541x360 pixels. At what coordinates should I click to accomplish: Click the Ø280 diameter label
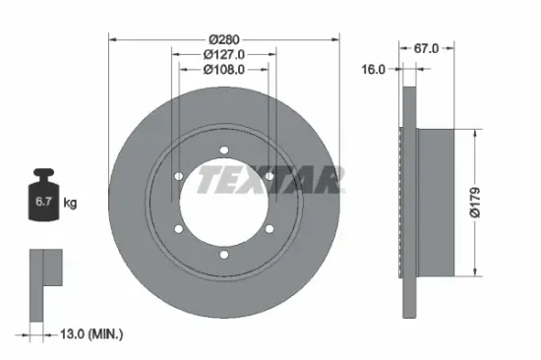[x=224, y=39]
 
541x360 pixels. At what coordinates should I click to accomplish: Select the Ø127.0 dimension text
[x=224, y=54]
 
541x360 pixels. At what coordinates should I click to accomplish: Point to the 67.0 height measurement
[x=426, y=47]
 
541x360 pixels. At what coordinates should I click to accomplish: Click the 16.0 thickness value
[x=374, y=70]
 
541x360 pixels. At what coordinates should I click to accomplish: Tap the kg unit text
[x=71, y=203]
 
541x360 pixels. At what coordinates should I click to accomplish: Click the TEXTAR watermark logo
[x=270, y=179]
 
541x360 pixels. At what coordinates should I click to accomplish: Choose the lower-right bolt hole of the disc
[x=270, y=229]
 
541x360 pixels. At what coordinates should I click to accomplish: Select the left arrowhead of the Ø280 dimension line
[x=110, y=39]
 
